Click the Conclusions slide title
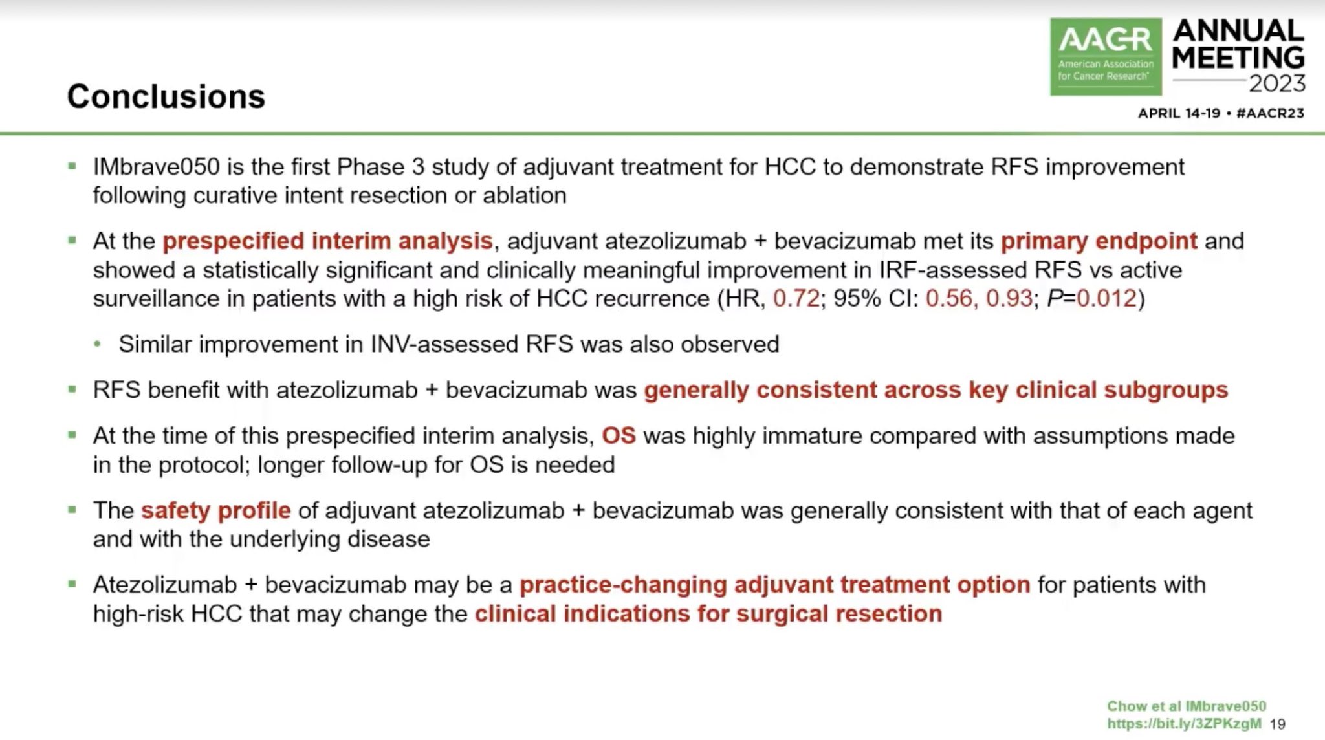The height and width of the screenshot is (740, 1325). click(x=166, y=97)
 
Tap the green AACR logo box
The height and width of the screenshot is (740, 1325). click(x=1105, y=57)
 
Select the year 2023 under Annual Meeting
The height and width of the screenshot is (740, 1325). click(x=1276, y=84)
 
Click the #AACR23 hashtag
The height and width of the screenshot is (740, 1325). click(x=1269, y=113)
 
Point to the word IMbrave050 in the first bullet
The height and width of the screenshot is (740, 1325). click(x=156, y=167)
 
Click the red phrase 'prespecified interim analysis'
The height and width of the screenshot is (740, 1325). click(x=327, y=241)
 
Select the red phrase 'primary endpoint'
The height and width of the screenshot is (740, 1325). click(x=1099, y=241)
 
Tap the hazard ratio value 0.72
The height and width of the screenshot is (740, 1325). click(x=796, y=299)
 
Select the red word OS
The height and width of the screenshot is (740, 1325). click(x=619, y=436)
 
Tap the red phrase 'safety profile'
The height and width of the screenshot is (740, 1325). click(x=215, y=510)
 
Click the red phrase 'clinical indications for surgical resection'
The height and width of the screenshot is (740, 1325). click(x=708, y=614)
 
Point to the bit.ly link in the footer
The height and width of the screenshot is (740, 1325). click(x=1183, y=724)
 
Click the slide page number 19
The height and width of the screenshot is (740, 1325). click(x=1277, y=724)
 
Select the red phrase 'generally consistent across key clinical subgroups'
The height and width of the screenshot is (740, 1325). click(x=936, y=390)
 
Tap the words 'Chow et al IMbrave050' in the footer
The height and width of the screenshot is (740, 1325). click(x=1186, y=706)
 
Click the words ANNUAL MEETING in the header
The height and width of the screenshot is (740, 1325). click(x=1238, y=44)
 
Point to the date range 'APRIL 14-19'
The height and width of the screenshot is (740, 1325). click(x=1179, y=113)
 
